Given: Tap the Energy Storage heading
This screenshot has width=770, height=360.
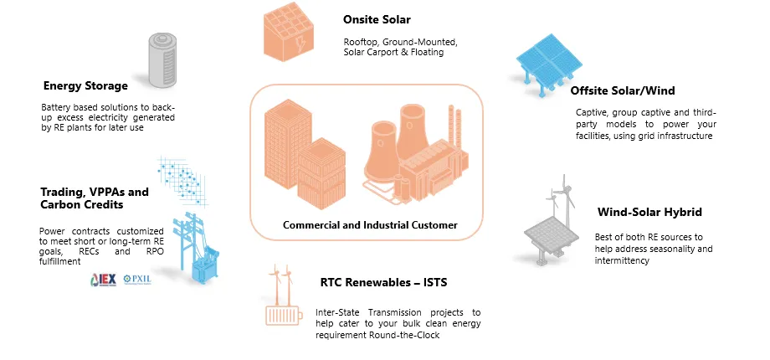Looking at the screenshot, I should click(85, 85).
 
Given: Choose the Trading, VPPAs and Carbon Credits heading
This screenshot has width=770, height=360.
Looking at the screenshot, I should click(94, 198).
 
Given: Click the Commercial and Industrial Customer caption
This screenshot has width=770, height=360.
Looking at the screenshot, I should click(370, 225).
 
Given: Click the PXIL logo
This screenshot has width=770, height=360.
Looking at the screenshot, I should click(136, 279).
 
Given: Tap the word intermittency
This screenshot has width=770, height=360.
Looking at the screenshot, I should click(624, 260).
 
